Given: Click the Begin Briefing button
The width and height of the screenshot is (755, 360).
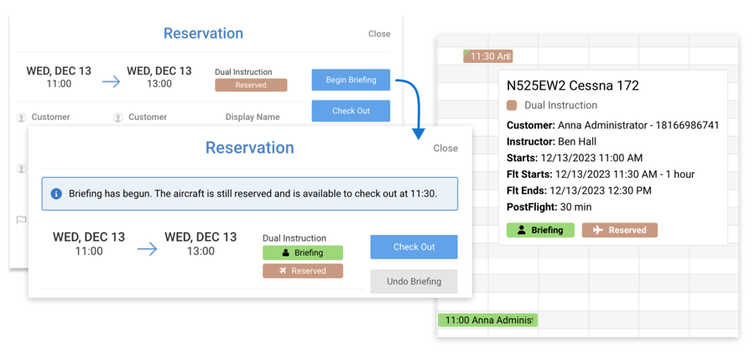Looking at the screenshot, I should tap(351, 80).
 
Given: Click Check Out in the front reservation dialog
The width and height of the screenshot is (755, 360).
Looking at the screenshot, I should tap(414, 247).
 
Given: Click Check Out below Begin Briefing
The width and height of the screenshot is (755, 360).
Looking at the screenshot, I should tap(351, 111).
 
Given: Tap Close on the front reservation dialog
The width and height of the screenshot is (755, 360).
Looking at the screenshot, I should tap(445, 149).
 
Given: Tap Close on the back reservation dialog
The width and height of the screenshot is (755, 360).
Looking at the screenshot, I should tap(379, 34).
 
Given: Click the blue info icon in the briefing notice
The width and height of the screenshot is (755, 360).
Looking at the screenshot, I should tap(56, 194).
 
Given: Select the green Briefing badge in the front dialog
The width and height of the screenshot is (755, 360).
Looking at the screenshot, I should tap(302, 253).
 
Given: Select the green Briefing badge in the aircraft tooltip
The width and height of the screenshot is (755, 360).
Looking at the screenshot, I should tap(540, 230).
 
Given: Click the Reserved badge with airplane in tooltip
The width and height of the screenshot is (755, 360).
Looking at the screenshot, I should tap(619, 230).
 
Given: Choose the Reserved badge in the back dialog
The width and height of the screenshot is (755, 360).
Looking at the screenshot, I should tap(251, 85).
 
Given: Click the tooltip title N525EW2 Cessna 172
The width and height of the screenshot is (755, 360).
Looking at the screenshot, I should tap(572, 86).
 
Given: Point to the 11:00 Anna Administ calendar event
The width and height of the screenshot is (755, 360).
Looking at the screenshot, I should tap(487, 320).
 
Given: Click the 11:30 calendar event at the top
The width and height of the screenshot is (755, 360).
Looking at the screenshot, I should tap(487, 56).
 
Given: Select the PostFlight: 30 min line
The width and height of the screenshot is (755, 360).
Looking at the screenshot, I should tap(549, 206).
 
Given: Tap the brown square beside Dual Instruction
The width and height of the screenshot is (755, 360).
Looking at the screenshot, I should tap(512, 106).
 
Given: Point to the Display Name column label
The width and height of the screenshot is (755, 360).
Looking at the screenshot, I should tap(253, 117).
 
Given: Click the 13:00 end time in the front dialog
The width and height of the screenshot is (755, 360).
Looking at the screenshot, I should tap(200, 251).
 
